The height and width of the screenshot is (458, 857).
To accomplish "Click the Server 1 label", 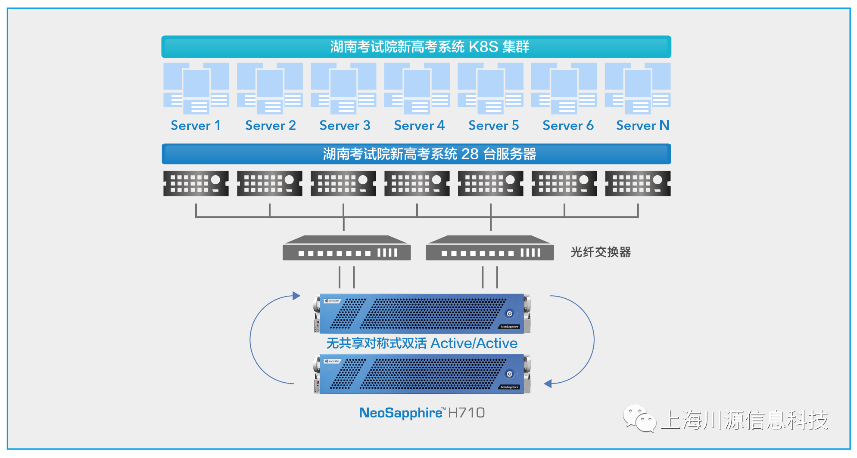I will (196, 126).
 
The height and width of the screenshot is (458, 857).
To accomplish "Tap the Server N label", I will (642, 126).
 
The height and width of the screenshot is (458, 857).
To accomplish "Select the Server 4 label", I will (419, 126).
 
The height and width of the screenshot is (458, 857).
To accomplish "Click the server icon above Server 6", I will (564, 88).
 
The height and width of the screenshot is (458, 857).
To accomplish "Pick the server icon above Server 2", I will (270, 88).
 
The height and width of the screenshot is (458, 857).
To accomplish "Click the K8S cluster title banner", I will (416, 46).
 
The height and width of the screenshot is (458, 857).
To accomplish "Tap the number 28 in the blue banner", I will (470, 154).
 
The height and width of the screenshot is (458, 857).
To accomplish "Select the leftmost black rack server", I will (196, 184).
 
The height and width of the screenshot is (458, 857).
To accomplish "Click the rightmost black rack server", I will (638, 184).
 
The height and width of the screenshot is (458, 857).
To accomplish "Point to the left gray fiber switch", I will (346, 248).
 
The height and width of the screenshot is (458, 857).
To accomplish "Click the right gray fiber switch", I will (489, 248).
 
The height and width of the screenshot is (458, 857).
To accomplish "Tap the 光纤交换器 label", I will (601, 252).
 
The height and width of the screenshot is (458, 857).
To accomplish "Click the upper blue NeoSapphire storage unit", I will (422, 313).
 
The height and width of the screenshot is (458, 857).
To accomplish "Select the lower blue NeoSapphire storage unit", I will (422, 374).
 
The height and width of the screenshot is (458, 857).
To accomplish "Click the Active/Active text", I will (474, 343).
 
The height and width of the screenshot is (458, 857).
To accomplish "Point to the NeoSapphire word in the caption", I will (400, 413).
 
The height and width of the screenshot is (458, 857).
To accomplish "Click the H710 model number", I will (467, 413).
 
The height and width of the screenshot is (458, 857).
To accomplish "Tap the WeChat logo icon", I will (639, 418).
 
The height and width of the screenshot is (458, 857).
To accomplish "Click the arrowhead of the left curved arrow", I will (296, 296).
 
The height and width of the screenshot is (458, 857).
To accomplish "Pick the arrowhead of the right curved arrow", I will (548, 384).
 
